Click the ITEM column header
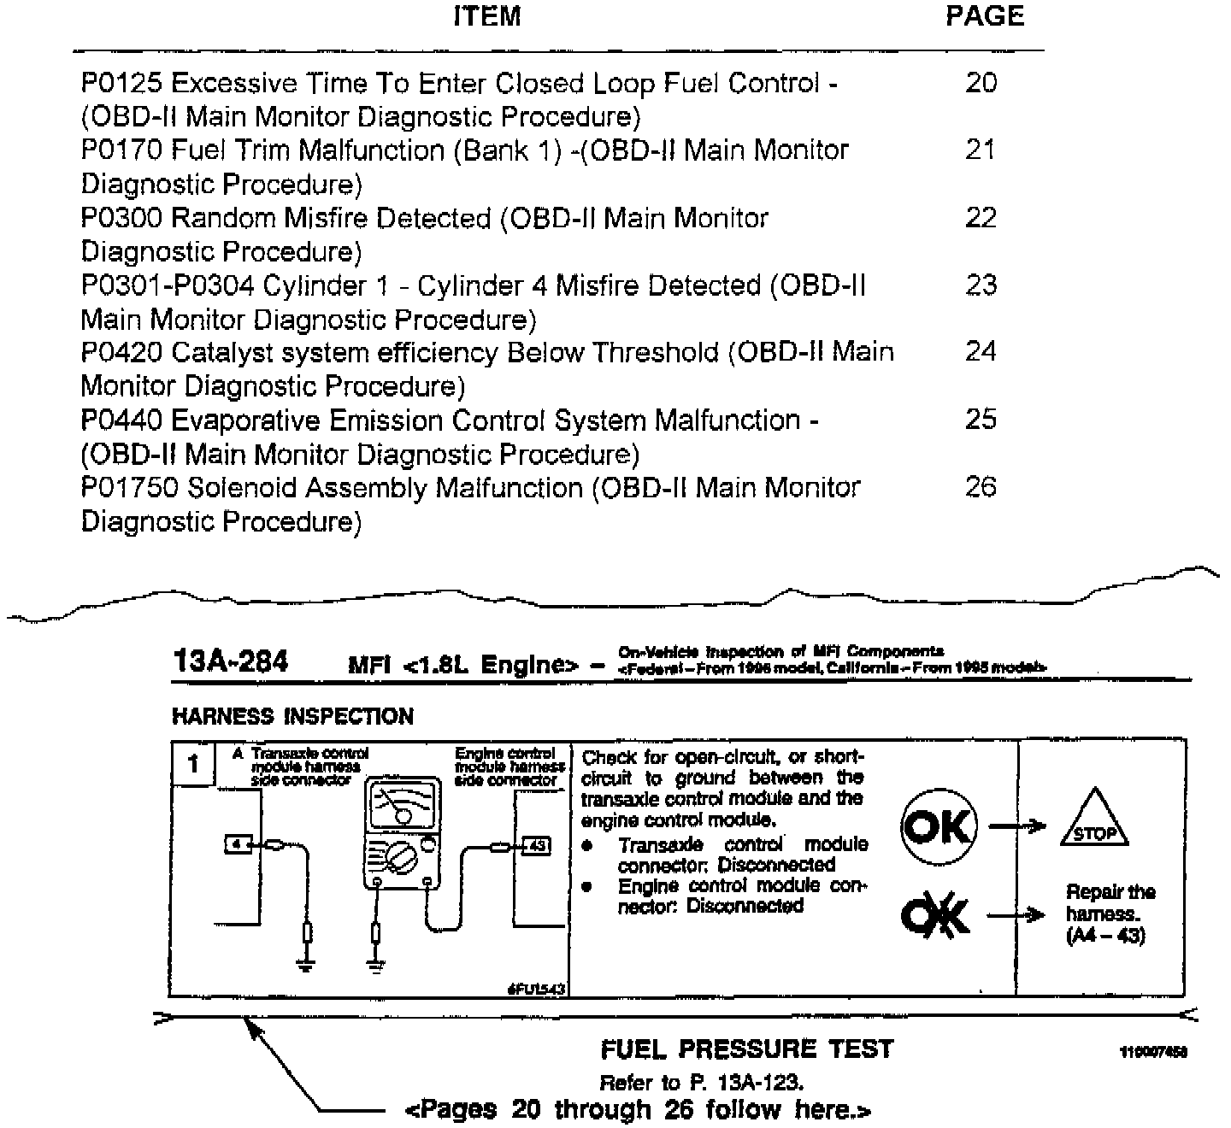click(x=486, y=16)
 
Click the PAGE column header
click(x=984, y=16)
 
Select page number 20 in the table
click(x=981, y=83)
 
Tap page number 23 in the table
click(x=981, y=285)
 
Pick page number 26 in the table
click(x=981, y=487)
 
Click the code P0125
click(x=122, y=83)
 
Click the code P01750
click(x=129, y=487)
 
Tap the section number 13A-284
click(x=230, y=661)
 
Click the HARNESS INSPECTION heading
click(x=292, y=716)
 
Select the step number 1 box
click(x=194, y=763)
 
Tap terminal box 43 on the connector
click(x=536, y=846)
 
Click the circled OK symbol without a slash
click(x=937, y=826)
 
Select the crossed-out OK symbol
click(x=935, y=916)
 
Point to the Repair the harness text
click(x=1110, y=914)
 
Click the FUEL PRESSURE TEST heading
click(x=746, y=1049)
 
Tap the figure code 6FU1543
click(x=536, y=989)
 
